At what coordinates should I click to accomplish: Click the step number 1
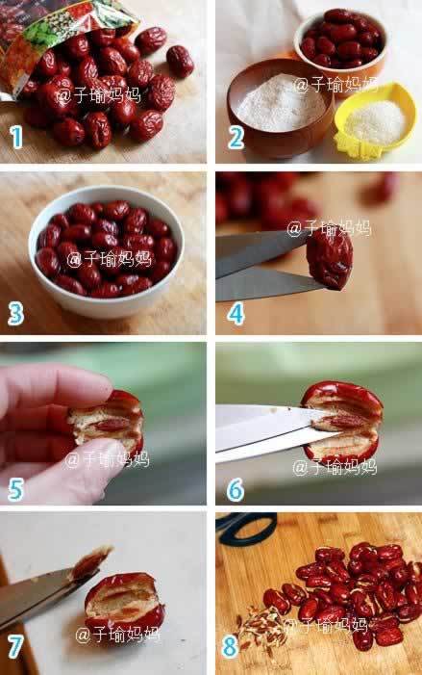pyautogui.click(x=16, y=138)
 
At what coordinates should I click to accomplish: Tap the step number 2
pyautogui.click(x=236, y=138)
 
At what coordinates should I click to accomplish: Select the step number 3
pyautogui.click(x=15, y=313)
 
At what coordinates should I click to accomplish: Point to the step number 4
pyautogui.click(x=236, y=313)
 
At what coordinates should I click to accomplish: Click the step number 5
pyautogui.click(x=15, y=489)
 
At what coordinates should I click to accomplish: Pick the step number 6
pyautogui.click(x=236, y=489)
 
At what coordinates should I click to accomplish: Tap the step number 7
pyautogui.click(x=15, y=647)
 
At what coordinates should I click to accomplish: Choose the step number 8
pyautogui.click(x=230, y=647)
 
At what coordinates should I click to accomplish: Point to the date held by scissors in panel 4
pyautogui.click(x=330, y=259)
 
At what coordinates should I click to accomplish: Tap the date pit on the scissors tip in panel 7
pyautogui.click(x=90, y=561)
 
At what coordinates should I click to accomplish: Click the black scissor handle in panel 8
pyautogui.click(x=247, y=529)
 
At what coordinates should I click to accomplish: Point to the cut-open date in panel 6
pyautogui.click(x=342, y=423)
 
